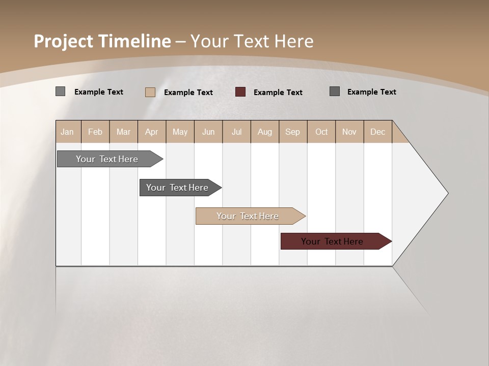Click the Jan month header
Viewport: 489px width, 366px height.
click(67, 132)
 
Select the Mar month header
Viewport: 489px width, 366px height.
click(123, 132)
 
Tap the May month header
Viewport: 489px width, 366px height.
click(180, 132)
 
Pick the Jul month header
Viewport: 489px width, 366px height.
click(236, 132)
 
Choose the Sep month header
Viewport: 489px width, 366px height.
click(292, 132)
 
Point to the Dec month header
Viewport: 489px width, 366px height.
click(377, 132)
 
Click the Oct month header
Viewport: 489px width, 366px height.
click(321, 132)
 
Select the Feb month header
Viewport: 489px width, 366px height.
click(95, 132)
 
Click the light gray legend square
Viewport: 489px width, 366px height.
click(61, 91)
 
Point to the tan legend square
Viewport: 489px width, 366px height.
click(150, 92)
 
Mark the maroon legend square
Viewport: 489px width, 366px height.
click(240, 92)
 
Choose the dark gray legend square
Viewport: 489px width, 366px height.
click(335, 91)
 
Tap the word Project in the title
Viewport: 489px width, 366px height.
click(64, 41)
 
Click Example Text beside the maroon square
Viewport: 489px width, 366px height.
click(278, 93)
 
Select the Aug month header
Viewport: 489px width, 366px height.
click(264, 132)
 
